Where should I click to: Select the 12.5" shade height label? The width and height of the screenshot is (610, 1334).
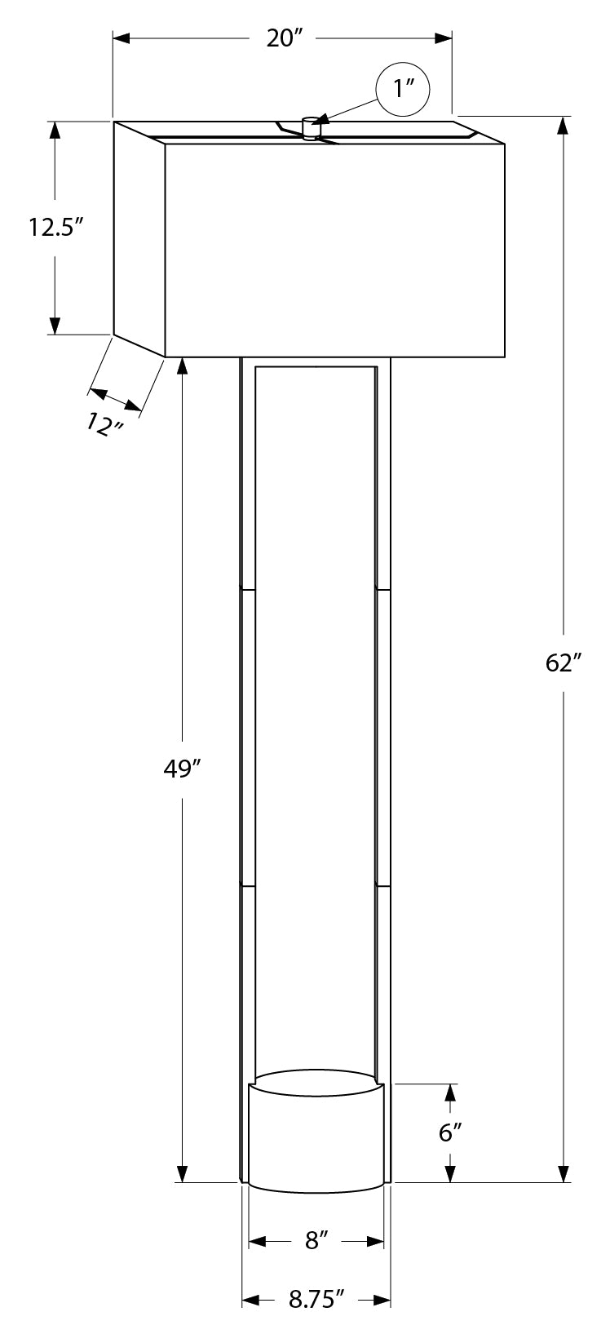[x=55, y=227]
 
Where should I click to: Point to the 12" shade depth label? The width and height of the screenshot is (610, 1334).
[x=104, y=424]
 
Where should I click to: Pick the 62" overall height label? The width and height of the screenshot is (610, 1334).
[x=563, y=663]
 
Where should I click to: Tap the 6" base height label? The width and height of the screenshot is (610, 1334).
[x=450, y=1132]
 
